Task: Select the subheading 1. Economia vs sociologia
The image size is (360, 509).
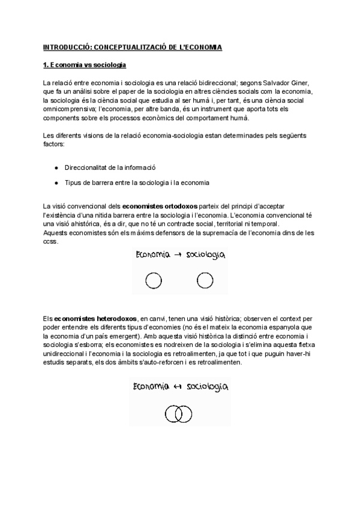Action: (84, 64)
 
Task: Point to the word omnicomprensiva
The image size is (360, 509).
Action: (67, 110)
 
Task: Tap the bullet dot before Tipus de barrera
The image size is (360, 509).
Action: (56, 182)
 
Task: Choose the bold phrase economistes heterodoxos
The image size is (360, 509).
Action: (95, 318)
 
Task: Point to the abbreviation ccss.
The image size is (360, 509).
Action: (50, 241)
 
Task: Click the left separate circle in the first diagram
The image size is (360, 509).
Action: (152, 280)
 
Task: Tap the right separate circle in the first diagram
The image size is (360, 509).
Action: (205, 280)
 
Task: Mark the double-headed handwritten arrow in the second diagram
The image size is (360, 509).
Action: (178, 387)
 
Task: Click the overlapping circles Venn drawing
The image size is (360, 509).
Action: (178, 414)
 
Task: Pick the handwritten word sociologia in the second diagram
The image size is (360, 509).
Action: (208, 388)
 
